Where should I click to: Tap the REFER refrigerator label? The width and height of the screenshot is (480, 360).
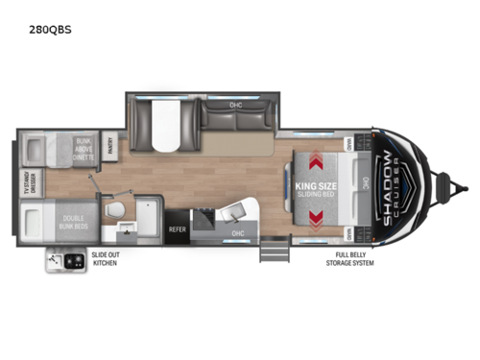tap(178, 229)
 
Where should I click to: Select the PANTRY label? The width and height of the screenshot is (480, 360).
tap(109, 147)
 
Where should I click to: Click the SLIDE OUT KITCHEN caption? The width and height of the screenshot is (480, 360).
tap(105, 259)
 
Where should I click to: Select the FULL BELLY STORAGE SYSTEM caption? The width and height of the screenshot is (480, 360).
tap(348, 259)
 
